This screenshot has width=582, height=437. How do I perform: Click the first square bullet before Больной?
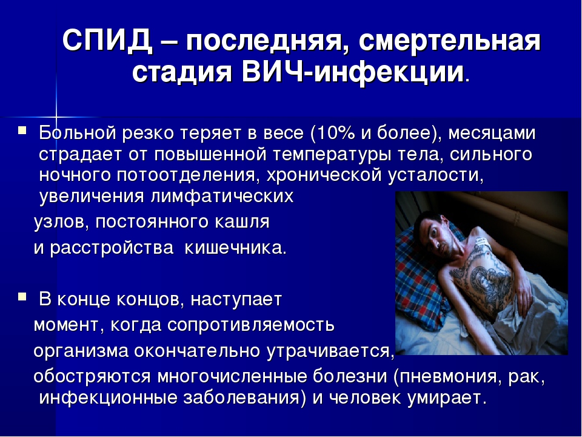tap(22, 130)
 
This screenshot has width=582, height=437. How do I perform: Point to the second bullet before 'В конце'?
tap(22, 296)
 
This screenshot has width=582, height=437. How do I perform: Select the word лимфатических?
tap(222, 196)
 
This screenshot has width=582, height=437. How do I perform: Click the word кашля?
tap(242, 222)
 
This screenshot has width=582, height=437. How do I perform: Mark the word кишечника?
tap(235, 248)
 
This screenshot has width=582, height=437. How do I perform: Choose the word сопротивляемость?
tap(251, 325)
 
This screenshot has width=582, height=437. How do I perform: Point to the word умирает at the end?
tap(447, 398)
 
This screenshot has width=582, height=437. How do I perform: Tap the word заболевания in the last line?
tap(241, 398)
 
